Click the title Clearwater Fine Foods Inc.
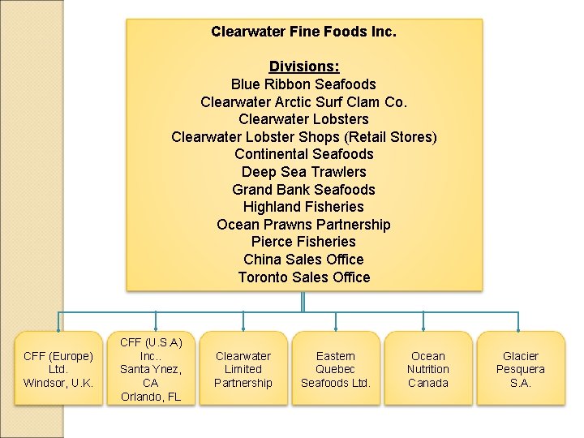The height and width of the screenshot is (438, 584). pos(303,32)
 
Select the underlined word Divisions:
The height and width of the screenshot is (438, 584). pos(303,67)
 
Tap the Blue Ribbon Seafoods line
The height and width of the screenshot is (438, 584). pos(303,84)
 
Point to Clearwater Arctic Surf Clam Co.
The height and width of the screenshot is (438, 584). pos(303,102)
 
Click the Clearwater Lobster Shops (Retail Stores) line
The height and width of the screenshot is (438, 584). pos(303,136)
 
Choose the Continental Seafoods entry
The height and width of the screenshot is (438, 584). pos(303,154)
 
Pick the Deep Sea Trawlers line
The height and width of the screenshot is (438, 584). pos(303,172)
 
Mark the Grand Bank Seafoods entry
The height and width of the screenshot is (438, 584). pos(303,190)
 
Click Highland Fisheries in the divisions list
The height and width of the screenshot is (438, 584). pos(303,207)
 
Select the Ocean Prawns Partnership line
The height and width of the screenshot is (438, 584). pos(303,225)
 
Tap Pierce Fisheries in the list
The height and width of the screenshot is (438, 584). pos(303,242)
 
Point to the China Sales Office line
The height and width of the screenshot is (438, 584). pos(303,260)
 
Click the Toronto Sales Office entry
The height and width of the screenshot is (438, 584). pos(303,277)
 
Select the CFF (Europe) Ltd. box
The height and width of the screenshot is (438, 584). pos(58,369)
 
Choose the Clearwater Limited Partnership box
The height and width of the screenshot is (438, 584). pos(243,369)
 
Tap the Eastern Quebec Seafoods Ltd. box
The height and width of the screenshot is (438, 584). pos(335,369)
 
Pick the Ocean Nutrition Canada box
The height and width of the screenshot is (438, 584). pos(427,369)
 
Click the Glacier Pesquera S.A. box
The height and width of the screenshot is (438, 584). pos(520,369)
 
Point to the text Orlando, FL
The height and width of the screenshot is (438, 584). pos(150,397)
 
